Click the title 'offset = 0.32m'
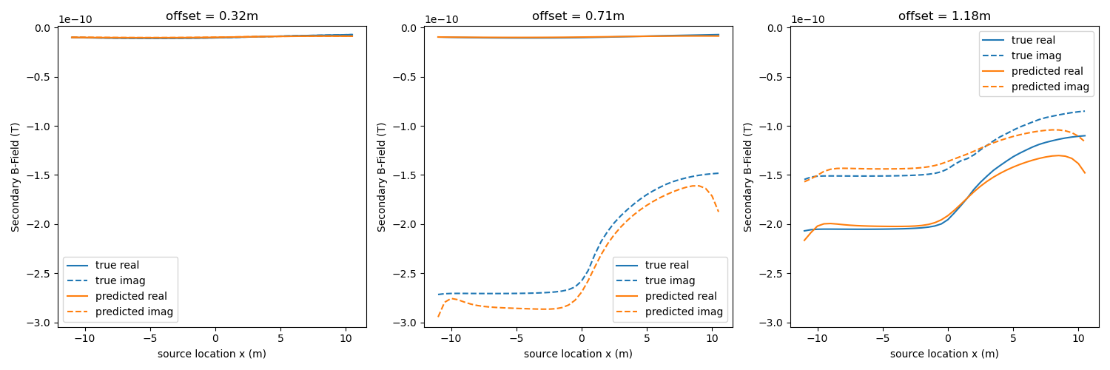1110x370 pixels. click(212, 16)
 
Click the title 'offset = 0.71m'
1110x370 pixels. click(578, 16)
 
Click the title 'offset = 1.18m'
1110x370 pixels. click(944, 16)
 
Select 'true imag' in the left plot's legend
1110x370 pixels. click(120, 280)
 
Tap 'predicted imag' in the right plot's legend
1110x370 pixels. click(1050, 87)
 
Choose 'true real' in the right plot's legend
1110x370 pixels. click(1033, 40)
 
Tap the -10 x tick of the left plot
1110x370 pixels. click(84, 338)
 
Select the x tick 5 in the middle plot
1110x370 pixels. click(647, 338)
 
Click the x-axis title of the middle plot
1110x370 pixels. click(578, 354)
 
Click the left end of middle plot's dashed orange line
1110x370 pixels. click(438, 316)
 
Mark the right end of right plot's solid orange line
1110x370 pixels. click(1085, 172)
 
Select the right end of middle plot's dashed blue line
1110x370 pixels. click(719, 173)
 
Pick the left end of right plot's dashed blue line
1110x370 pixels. click(804, 179)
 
